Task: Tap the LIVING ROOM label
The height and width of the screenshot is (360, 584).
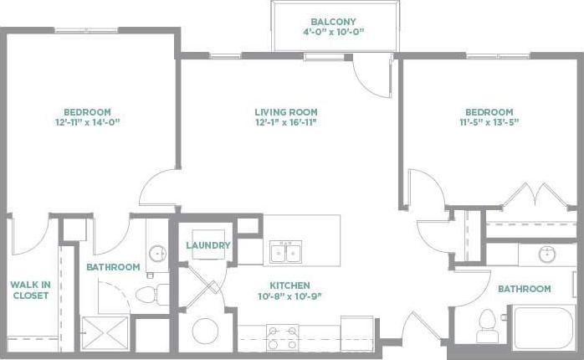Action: [x=286, y=112]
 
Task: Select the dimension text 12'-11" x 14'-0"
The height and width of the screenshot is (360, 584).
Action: [x=88, y=122]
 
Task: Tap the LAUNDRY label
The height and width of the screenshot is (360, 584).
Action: [x=207, y=245]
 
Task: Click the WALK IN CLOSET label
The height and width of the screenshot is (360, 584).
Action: [x=30, y=290]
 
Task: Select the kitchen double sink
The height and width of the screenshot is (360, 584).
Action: [x=285, y=251]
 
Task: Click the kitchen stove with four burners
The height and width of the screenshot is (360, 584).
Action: [x=282, y=337]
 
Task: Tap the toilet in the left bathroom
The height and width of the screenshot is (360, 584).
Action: [x=150, y=293]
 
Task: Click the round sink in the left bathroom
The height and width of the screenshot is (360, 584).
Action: [x=156, y=253]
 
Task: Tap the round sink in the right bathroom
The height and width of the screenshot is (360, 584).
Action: [x=546, y=254]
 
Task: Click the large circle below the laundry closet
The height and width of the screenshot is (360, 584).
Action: [x=206, y=331]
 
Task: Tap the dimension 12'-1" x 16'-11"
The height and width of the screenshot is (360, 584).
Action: [x=286, y=122]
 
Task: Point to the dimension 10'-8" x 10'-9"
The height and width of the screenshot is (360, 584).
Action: [x=290, y=296]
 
